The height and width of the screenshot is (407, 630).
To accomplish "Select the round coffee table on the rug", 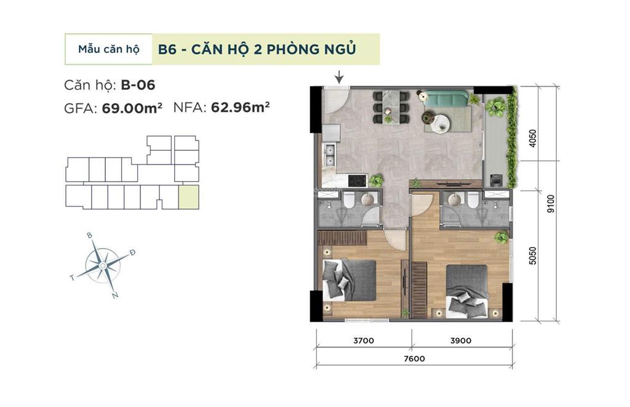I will [x=441, y=124].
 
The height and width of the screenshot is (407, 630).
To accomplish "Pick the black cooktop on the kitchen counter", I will [x=357, y=180].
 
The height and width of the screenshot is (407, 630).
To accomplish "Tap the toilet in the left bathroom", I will [x=348, y=201].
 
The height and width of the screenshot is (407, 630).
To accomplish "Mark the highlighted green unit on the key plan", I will [x=189, y=197].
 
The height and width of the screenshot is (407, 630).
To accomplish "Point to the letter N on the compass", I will [x=115, y=296].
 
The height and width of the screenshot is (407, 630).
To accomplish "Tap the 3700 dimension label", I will [x=364, y=340].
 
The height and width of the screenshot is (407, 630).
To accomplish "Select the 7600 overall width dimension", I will [x=415, y=358].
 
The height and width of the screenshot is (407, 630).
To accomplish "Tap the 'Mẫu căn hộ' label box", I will [x=109, y=49].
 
